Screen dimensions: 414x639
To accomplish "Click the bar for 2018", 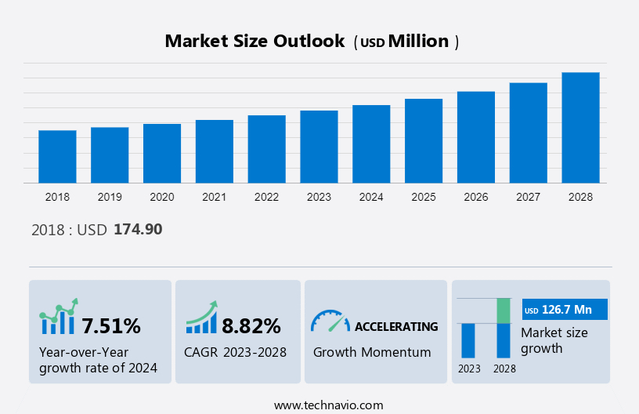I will click(57, 157).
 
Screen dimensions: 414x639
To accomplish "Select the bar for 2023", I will click(319, 147).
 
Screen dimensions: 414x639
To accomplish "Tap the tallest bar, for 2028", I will click(580, 128).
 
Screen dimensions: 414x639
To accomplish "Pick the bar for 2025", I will click(424, 141).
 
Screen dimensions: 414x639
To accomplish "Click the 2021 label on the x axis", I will click(215, 197).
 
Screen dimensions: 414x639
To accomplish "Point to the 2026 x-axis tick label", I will click(476, 197).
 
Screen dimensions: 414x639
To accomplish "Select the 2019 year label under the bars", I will click(110, 197).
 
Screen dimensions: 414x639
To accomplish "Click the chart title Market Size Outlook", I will click(255, 42).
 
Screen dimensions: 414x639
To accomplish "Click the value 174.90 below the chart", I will click(138, 230).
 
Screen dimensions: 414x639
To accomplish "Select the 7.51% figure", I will click(111, 325).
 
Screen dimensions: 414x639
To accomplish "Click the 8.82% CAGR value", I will click(251, 325).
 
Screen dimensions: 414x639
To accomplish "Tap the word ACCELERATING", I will click(396, 326).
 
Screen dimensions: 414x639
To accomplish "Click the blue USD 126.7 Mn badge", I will click(565, 310).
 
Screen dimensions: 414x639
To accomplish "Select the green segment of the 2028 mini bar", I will click(504, 310).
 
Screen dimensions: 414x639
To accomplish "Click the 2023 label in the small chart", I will click(469, 369).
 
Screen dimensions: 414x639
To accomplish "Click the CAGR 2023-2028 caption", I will click(235, 352).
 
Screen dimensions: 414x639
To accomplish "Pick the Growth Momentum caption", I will click(372, 352).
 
